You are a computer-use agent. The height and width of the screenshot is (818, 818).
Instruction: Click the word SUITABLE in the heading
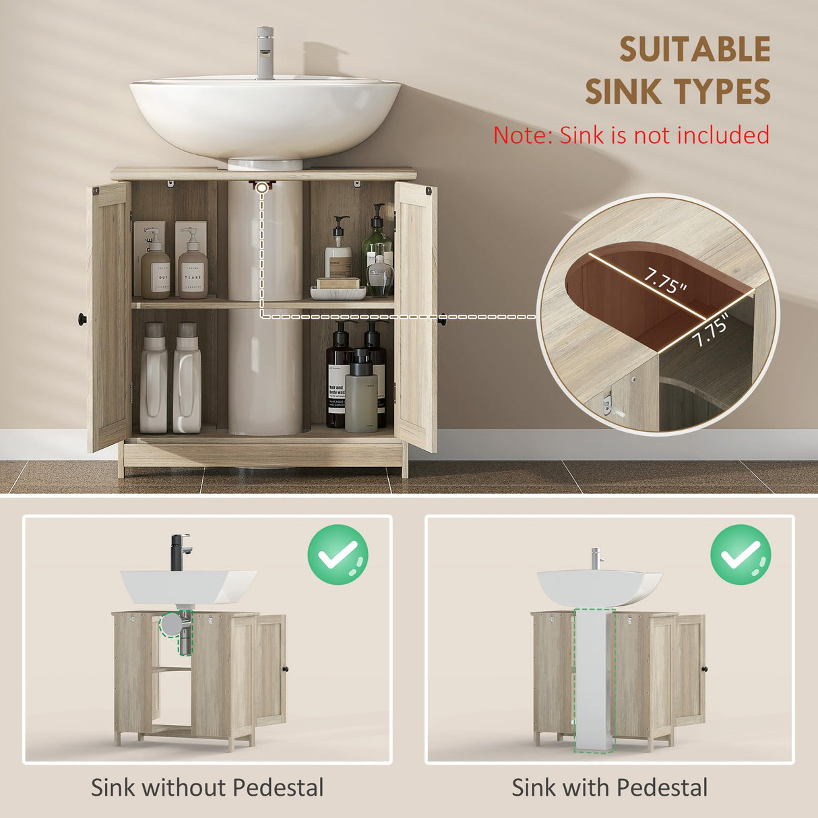pos(695,51)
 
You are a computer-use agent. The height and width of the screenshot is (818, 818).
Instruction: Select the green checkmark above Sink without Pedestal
pos(338,555)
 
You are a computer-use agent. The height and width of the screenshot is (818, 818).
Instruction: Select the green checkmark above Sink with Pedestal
pos(741,555)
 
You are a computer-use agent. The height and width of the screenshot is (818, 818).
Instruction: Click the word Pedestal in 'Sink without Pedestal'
pos(278,788)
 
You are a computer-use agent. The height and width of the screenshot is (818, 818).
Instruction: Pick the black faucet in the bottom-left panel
pos(179,552)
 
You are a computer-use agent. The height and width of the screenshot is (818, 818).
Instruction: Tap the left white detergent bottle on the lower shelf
pos(154,381)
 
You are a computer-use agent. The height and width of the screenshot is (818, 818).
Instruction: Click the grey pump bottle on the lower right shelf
pos(360,394)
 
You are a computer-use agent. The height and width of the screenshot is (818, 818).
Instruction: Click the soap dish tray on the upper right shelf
pos(338,292)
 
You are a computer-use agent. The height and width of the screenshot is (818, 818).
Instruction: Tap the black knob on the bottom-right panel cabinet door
pos(704,669)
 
